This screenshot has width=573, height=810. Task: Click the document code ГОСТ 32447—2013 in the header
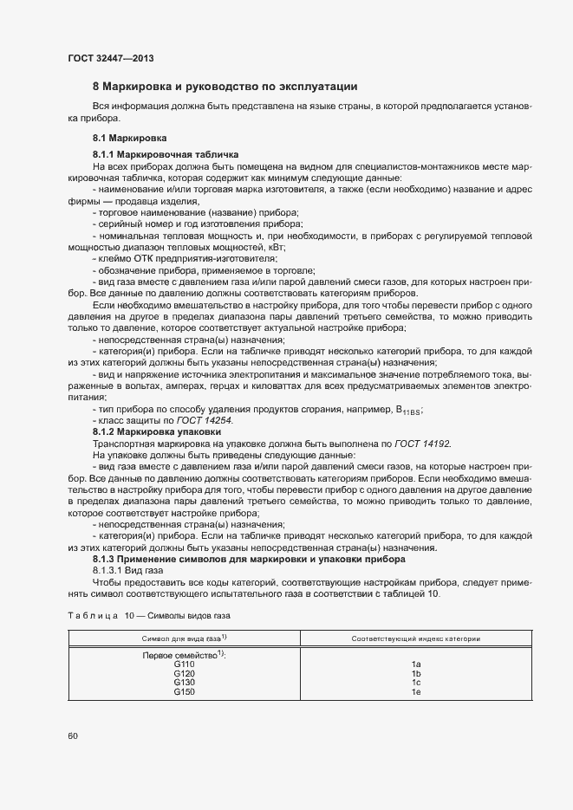[x=111, y=58]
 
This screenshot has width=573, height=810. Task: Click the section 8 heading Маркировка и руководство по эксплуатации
[x=225, y=87]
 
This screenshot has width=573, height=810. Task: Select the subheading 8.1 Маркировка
[x=130, y=138]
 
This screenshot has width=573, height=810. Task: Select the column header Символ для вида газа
[x=184, y=638]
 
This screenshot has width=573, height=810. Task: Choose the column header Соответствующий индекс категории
[x=416, y=638]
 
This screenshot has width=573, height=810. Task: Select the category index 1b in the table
[x=416, y=674]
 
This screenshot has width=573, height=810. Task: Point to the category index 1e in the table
[x=416, y=692]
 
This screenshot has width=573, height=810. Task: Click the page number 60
[x=74, y=736]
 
